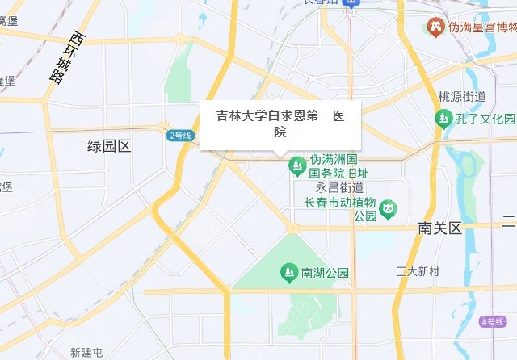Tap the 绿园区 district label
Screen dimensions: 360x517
[109, 145]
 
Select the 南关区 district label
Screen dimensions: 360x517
[439, 228]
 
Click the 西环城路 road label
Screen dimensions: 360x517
[66, 57]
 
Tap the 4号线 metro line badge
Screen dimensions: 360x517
[490, 321]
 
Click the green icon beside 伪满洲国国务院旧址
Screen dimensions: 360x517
[297, 165]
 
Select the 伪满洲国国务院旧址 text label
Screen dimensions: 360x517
[339, 165]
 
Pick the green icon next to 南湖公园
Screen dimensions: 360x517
[287, 273]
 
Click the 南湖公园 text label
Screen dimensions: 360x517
[324, 273]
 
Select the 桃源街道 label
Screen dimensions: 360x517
[461, 97]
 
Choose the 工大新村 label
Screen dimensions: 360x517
[418, 272]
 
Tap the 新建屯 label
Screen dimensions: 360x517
[86, 353]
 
